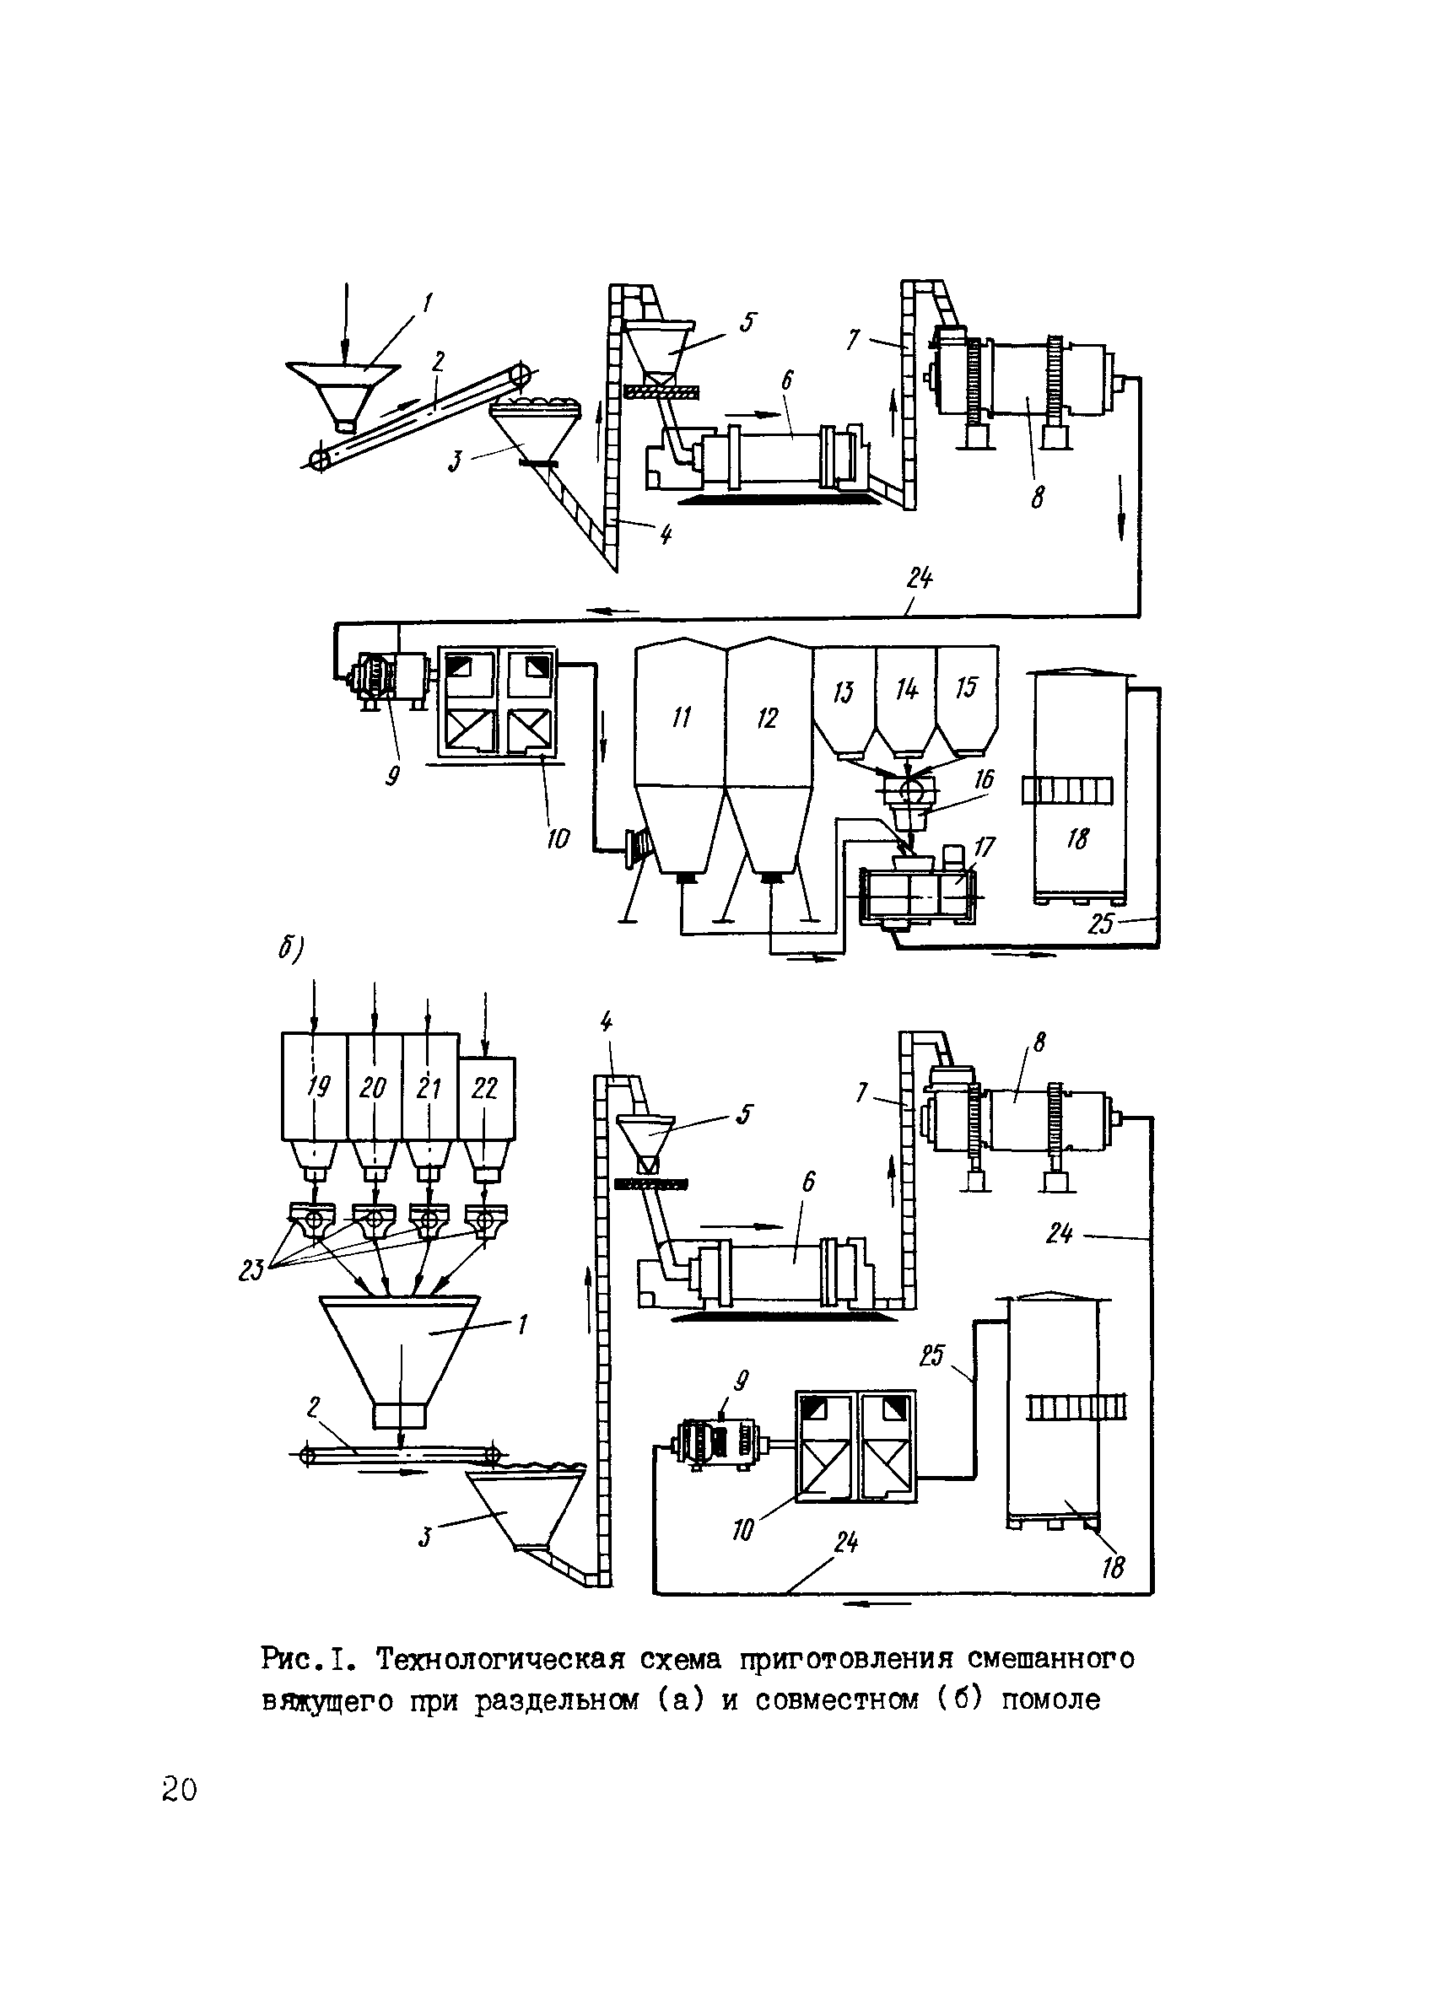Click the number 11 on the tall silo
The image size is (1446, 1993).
tap(682, 717)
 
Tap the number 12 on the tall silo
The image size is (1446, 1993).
tap(767, 718)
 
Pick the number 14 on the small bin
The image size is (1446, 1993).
tap(906, 689)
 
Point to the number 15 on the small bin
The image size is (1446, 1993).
tap(966, 687)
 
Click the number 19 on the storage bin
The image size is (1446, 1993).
tap(317, 1087)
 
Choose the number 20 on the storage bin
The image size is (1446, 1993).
tap(373, 1088)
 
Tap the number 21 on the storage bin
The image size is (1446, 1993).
tap(428, 1088)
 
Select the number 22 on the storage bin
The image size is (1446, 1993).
tap(484, 1088)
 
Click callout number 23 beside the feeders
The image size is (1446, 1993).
tap(251, 1270)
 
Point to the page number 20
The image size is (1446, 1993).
tap(180, 1789)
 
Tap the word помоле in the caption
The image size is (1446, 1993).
tap(1050, 1700)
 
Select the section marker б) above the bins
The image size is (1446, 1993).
tap(291, 949)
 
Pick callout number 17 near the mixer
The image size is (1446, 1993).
tap(984, 847)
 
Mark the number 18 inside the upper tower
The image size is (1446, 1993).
tap(1076, 839)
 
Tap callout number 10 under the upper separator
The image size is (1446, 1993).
tap(558, 838)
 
